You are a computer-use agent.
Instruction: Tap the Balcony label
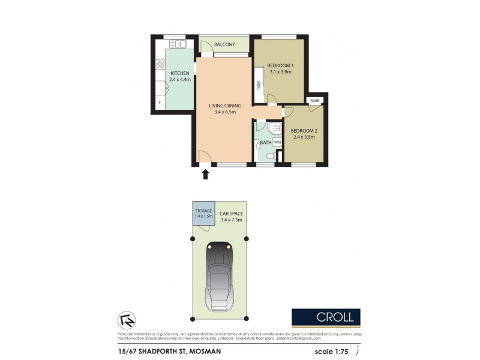(224, 44)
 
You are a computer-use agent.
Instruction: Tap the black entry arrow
(206, 174)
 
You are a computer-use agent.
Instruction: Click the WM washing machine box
(277, 142)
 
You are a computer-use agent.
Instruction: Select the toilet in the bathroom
(270, 156)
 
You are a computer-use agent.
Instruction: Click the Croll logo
(326, 317)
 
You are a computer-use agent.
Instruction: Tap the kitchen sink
(178, 44)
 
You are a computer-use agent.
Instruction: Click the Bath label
(265, 142)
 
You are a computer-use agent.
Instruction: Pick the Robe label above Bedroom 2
(314, 100)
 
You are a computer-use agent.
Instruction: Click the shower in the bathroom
(274, 128)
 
